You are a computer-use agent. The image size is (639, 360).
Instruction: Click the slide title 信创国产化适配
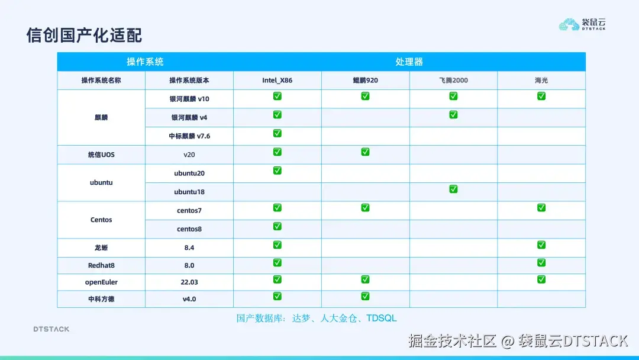tap(85, 34)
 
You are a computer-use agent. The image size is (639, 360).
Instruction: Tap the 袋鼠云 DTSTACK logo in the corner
tap(583, 24)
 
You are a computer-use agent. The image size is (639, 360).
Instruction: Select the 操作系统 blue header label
tap(145, 62)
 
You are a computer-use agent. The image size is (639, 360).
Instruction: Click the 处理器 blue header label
tap(409, 62)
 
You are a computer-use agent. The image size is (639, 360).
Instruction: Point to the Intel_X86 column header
tap(277, 80)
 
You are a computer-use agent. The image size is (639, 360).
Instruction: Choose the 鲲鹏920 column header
tap(365, 80)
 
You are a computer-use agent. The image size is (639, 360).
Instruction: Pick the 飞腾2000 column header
tap(453, 80)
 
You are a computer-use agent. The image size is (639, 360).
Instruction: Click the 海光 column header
tap(541, 80)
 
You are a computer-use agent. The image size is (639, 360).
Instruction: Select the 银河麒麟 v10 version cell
tap(189, 99)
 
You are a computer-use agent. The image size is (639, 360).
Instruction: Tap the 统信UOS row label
tap(101, 155)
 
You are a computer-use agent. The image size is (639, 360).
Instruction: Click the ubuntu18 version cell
tap(189, 192)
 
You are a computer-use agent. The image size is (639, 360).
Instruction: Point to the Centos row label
tap(101, 220)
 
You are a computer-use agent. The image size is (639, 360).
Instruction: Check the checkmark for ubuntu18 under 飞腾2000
tap(453, 189)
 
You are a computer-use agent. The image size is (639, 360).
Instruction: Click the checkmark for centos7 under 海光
tap(541, 207)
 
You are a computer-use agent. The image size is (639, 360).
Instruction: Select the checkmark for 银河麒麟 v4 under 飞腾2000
tap(453, 114)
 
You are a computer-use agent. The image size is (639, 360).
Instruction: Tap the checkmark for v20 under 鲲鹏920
tap(365, 152)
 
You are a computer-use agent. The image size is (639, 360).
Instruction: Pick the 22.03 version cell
tap(189, 282)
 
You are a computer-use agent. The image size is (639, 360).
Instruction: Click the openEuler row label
tap(101, 282)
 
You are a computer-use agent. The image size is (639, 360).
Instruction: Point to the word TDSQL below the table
tap(382, 318)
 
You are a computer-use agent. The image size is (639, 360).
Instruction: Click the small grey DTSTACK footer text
tap(51, 329)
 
